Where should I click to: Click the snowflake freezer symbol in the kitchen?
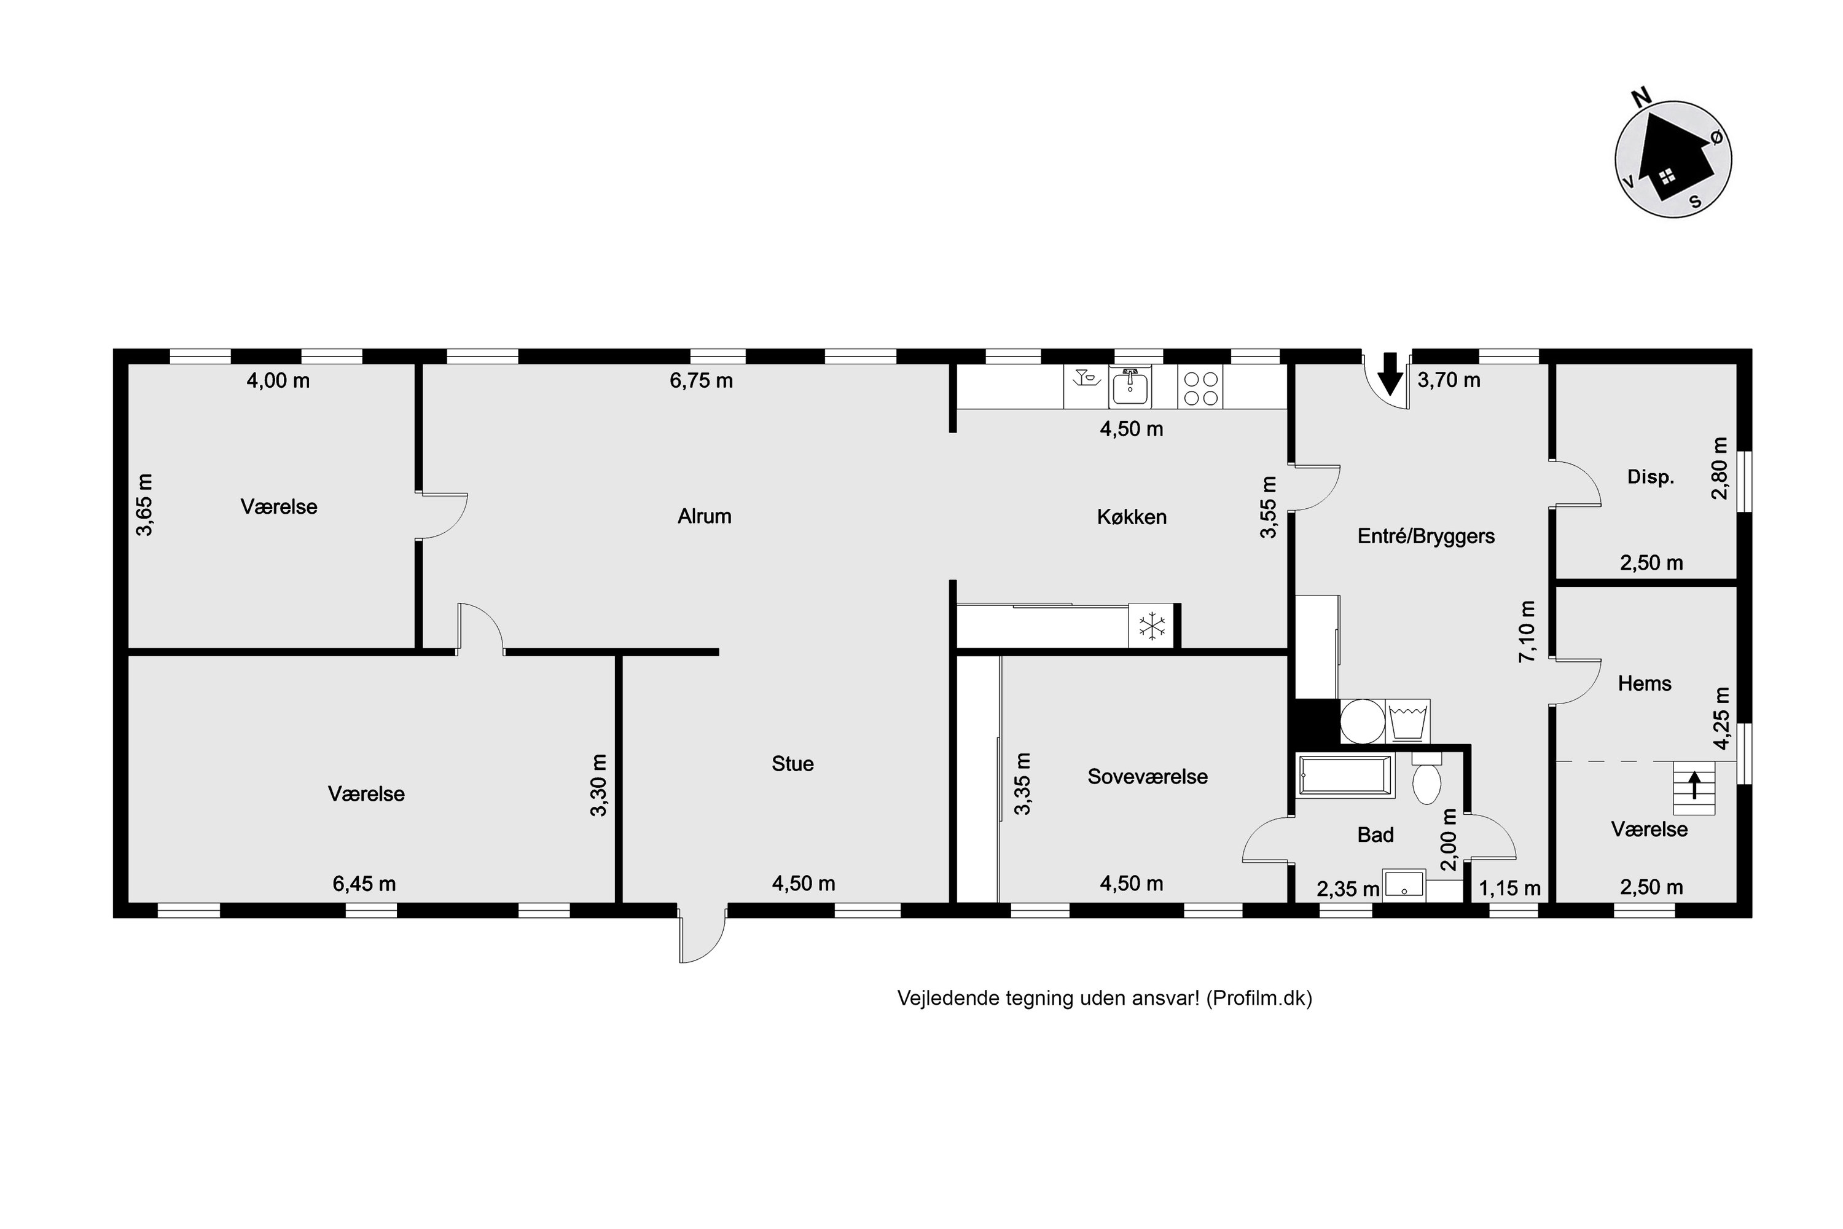pyautogui.click(x=1152, y=626)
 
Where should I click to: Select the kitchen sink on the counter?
pyautogui.click(x=1130, y=387)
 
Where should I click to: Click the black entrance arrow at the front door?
pyautogui.click(x=1390, y=373)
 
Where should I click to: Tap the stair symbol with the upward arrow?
pyautogui.click(x=1694, y=788)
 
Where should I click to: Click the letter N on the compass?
pyautogui.click(x=1641, y=97)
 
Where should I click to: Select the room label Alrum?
pyautogui.click(x=705, y=516)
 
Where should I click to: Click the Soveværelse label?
pyautogui.click(x=1147, y=776)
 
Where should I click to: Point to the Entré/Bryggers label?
pyautogui.click(x=1426, y=536)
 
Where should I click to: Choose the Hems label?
pyautogui.click(x=1645, y=683)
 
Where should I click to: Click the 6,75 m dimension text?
pyautogui.click(x=702, y=380)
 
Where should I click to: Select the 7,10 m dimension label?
pyautogui.click(x=1527, y=632)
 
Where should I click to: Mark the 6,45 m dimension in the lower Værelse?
pyautogui.click(x=364, y=884)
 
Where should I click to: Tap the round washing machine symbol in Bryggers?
pyautogui.click(x=1362, y=721)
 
